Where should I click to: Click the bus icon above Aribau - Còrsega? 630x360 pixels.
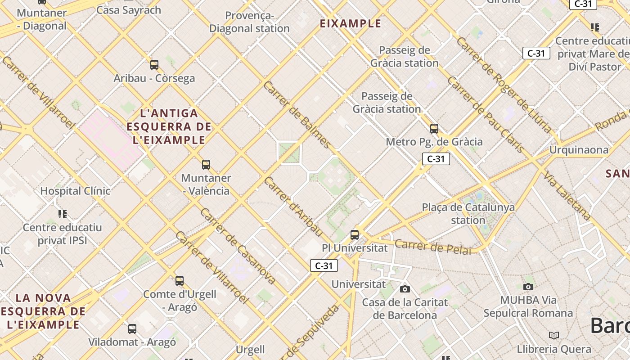coord(154,65)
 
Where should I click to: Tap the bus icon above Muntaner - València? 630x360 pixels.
coord(206,165)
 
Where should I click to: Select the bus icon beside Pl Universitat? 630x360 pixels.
coord(355,234)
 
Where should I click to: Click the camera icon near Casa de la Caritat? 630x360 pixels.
coord(405,289)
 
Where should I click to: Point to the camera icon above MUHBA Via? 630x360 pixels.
coord(528,287)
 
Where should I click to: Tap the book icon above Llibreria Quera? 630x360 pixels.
coord(554,335)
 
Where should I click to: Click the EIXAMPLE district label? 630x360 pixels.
coord(351,23)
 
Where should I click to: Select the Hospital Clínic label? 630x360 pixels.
coord(75,191)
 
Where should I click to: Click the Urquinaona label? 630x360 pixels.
coord(579,150)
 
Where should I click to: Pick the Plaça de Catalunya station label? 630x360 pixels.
coord(468,214)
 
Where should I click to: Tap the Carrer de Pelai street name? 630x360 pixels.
coord(433,247)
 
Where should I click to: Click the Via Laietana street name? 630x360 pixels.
coord(566,196)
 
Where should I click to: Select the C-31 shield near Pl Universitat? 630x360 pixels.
coord(324,265)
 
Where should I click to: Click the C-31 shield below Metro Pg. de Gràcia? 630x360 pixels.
coord(436,158)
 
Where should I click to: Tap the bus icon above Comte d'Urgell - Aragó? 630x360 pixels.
coord(180,281)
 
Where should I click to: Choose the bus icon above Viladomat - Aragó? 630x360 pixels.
coord(132,328)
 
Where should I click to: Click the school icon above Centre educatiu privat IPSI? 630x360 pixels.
coord(63,214)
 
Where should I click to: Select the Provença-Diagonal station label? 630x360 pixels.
coord(249,22)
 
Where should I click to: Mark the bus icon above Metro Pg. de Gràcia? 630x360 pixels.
coord(434,129)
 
